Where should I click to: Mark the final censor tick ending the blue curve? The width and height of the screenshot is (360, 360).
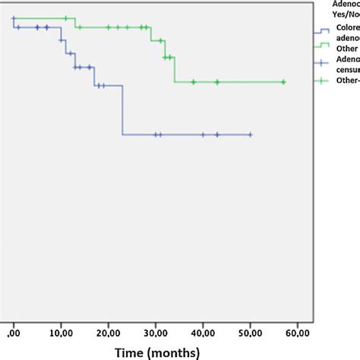point(250,134)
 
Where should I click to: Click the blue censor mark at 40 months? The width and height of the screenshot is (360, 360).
point(203,134)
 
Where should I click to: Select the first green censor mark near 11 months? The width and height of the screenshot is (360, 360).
point(65,18)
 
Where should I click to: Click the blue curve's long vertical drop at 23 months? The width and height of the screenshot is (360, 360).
point(123,110)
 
